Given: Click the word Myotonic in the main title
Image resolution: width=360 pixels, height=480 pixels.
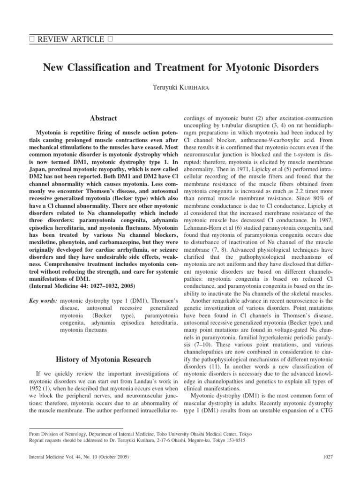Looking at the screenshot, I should [247, 67].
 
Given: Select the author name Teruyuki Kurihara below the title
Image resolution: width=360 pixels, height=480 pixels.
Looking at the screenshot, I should [180, 88].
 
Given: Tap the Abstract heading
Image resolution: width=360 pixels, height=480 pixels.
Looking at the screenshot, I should [104, 118].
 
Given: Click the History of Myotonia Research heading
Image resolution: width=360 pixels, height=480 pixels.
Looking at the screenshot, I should [104, 360].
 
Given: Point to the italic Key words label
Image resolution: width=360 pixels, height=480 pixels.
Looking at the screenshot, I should [43, 300].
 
